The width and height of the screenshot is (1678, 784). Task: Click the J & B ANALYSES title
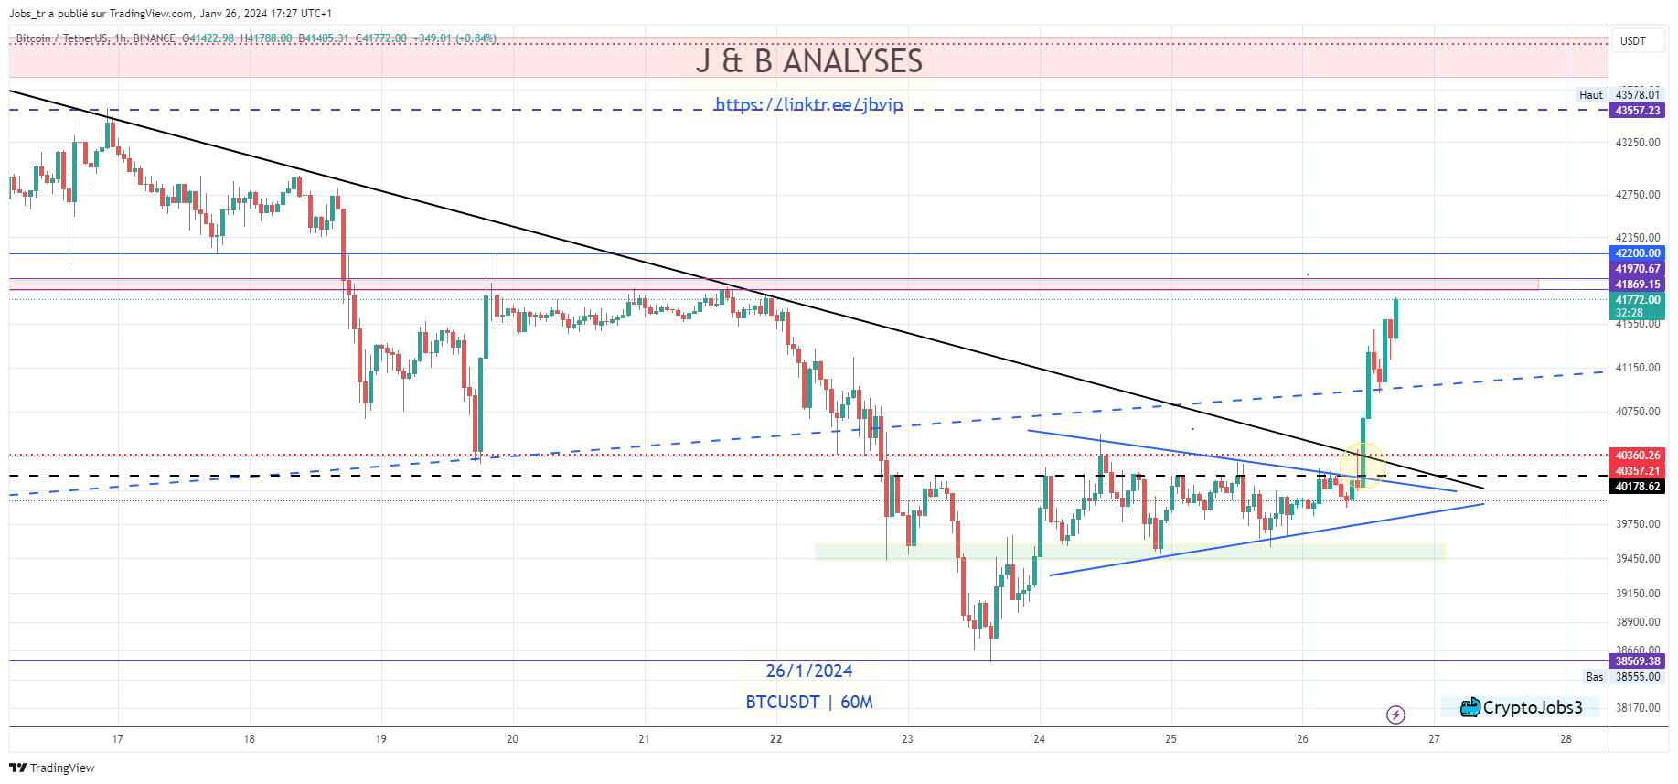tap(808, 61)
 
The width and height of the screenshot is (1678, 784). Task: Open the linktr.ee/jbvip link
tap(808, 104)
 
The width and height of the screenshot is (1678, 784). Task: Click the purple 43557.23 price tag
tap(1637, 111)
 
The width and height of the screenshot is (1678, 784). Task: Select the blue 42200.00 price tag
tap(1637, 253)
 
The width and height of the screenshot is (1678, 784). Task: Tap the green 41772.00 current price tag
tap(1637, 300)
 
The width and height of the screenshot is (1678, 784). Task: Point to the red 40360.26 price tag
tap(1637, 456)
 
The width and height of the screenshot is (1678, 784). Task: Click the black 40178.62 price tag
tap(1637, 487)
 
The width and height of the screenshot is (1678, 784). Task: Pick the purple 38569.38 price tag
tap(1637, 661)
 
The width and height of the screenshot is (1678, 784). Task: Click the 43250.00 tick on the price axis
tap(1637, 143)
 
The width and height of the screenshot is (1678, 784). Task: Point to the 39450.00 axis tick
tap(1637, 559)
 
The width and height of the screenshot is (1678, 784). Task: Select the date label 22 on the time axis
tap(775, 739)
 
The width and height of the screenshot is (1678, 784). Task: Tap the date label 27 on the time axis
tap(1434, 739)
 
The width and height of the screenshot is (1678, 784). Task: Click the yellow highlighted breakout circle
tap(1363, 465)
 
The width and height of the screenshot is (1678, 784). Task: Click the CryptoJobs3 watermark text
tap(1532, 707)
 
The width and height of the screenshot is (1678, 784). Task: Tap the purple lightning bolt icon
tap(1395, 714)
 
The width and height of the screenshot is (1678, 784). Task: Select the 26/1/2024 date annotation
tap(808, 671)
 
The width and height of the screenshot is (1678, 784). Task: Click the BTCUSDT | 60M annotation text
tap(808, 702)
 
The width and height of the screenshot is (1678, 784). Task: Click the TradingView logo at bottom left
tap(52, 768)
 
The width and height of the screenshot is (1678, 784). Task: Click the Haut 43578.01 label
tap(1619, 95)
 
